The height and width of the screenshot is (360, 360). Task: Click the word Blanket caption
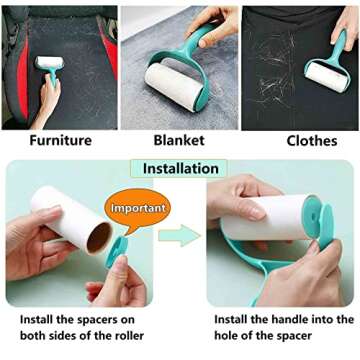179,141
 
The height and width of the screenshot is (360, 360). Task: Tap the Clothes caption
311,141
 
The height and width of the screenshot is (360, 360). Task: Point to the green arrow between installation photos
180,238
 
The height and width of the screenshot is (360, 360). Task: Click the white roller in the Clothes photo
325,75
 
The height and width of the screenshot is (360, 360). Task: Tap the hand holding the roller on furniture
45,100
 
